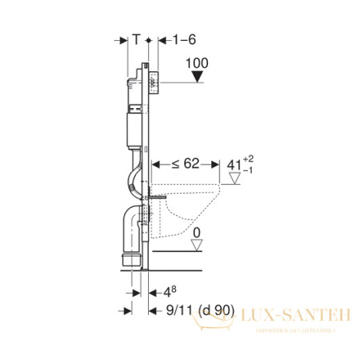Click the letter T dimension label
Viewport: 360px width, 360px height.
137,38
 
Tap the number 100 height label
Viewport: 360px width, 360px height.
195,62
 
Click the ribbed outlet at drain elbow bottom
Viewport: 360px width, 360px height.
128,258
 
